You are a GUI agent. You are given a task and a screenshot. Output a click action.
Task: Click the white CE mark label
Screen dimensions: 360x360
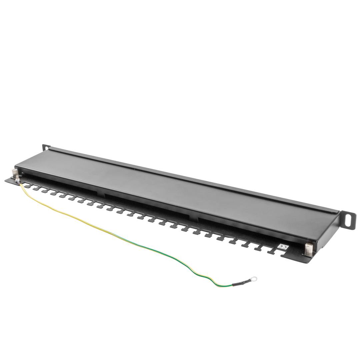(x=283, y=247)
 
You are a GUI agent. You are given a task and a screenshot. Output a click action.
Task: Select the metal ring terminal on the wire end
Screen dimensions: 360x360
(x=254, y=279)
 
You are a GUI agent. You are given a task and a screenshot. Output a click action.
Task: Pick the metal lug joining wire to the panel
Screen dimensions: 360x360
(x=17, y=181)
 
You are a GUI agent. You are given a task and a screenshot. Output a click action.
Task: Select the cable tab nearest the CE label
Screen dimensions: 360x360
(x=272, y=251)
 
